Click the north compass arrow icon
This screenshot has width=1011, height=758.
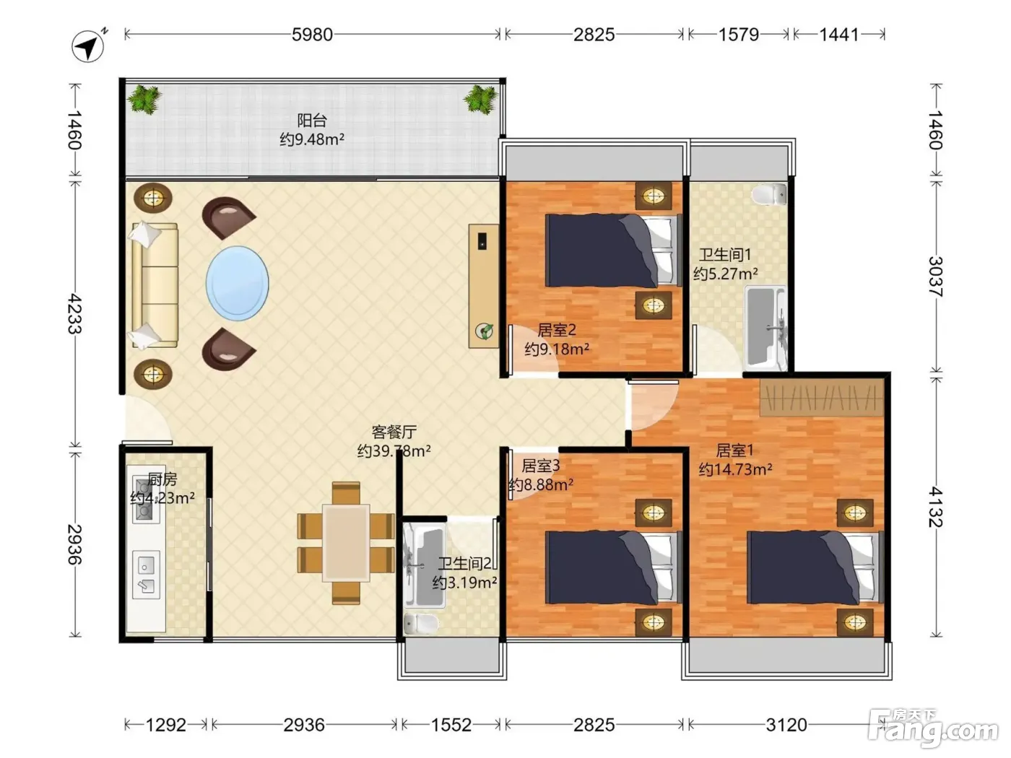[x=88, y=45]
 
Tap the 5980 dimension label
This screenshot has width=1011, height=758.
[x=312, y=35]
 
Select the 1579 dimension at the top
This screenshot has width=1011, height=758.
[x=739, y=35]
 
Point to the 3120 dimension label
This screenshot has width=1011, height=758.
[x=786, y=725]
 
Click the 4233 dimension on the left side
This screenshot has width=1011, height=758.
[x=75, y=314]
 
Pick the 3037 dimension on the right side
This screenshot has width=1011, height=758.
[x=935, y=276]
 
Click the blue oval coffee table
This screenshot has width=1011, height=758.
[x=237, y=283]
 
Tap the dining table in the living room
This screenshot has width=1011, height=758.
[x=346, y=543]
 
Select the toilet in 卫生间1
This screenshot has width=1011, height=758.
[x=769, y=194]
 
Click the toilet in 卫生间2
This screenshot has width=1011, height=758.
[x=420, y=623]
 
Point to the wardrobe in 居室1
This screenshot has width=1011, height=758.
[x=822, y=397]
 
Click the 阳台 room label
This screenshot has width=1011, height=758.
[x=312, y=121]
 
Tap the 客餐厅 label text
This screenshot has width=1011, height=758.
[x=394, y=432]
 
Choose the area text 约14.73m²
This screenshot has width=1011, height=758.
[x=735, y=469]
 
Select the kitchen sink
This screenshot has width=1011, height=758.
[x=146, y=575]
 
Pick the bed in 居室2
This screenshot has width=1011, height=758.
[x=613, y=250]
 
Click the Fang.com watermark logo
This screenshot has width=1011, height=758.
[x=933, y=728]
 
